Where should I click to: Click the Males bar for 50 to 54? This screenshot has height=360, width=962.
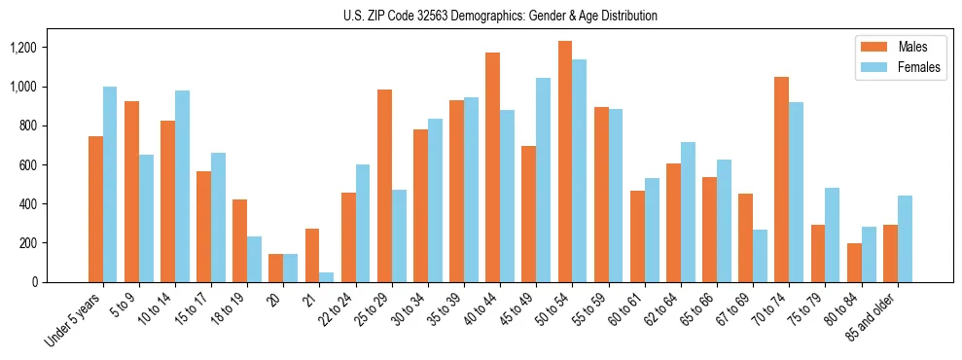tap(565, 162)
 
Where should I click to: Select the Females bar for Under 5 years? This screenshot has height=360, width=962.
tap(110, 185)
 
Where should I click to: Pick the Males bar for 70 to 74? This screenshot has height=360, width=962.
tap(781, 179)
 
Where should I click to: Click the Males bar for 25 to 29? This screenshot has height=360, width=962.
tap(384, 186)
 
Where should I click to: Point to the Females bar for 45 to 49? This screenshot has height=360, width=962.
tap(543, 180)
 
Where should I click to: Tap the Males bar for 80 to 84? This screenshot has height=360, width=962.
tap(854, 263)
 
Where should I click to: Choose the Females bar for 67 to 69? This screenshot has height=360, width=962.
tap(760, 256)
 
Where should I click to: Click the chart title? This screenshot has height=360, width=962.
tap(500, 16)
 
